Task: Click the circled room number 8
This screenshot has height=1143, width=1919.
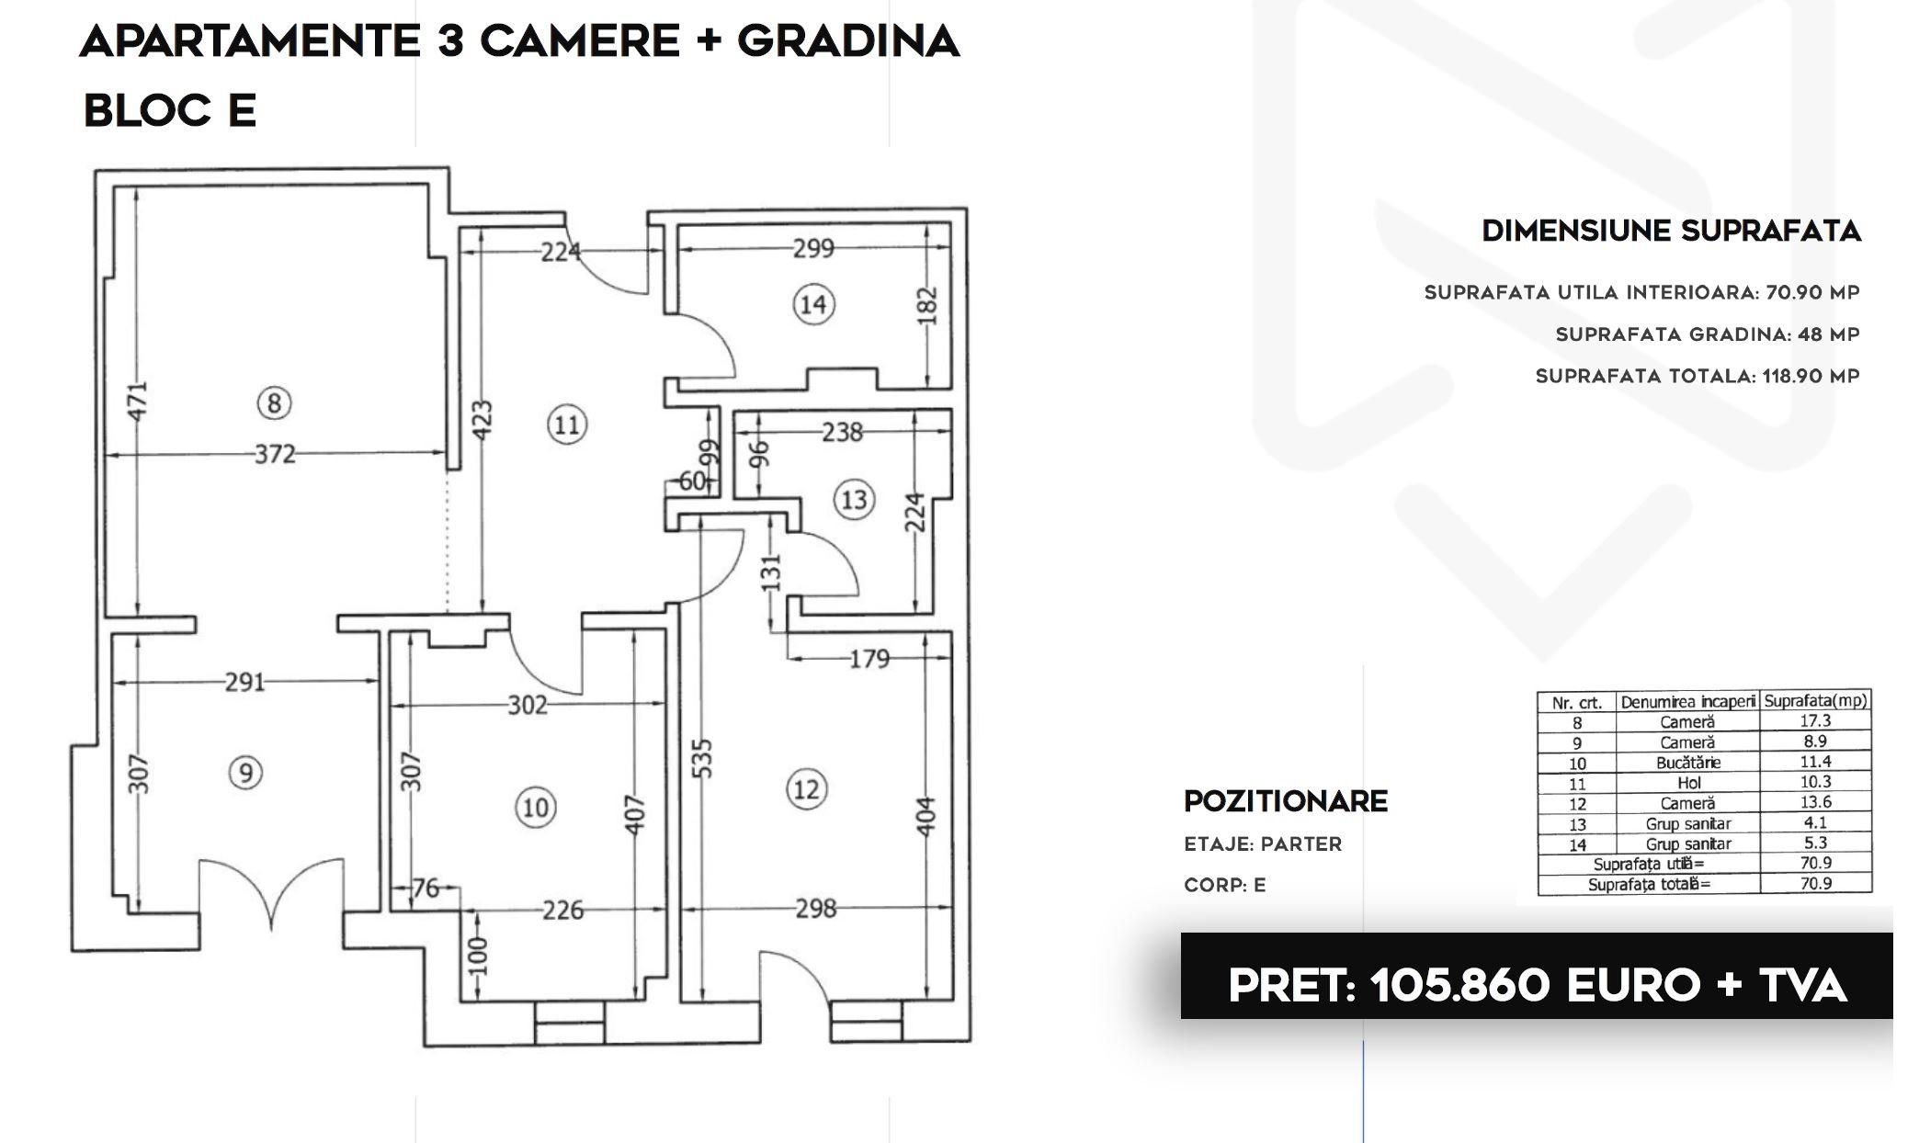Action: [274, 402]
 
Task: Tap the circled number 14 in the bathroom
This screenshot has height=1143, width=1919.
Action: [813, 304]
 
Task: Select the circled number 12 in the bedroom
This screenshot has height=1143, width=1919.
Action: [806, 789]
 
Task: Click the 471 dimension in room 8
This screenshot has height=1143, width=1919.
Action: [136, 402]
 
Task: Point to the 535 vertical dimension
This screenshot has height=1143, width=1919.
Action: [701, 759]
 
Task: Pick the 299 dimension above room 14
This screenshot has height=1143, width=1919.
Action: [813, 248]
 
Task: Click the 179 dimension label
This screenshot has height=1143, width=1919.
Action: [869, 659]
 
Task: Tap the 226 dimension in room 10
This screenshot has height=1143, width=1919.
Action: [562, 910]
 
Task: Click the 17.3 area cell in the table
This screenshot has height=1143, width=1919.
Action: [1815, 721]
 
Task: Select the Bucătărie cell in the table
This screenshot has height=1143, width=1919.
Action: [1688, 763]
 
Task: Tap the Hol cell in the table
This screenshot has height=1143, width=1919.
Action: [1688, 783]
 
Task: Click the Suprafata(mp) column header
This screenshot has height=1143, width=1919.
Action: [1815, 700]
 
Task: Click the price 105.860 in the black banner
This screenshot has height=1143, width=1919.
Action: [1459, 986]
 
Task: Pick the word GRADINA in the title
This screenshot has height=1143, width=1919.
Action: [848, 41]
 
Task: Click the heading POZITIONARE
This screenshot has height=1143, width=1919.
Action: [1286, 801]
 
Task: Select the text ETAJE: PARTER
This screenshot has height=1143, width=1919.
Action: [1263, 844]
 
